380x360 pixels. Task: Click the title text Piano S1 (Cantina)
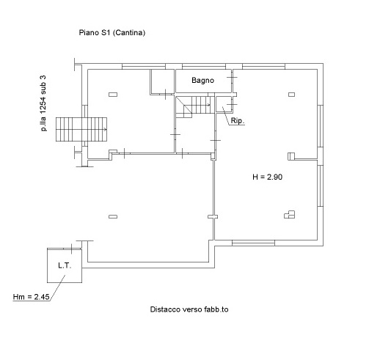(112, 33)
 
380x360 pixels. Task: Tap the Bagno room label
(202, 81)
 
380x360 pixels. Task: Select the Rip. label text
(237, 121)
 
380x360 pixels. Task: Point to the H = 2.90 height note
(267, 177)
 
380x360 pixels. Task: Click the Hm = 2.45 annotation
(31, 297)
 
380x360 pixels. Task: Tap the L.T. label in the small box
(65, 265)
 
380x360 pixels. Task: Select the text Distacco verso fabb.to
(189, 309)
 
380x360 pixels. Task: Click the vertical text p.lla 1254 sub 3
(43, 103)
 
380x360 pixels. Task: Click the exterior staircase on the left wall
(81, 129)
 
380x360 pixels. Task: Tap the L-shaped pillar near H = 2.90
(289, 214)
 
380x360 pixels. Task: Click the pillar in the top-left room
(113, 95)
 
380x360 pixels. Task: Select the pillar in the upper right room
(291, 95)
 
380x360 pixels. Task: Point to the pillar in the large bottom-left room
(113, 216)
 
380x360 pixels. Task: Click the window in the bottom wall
(253, 243)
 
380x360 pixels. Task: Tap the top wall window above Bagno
(204, 66)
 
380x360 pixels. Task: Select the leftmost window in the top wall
(144, 66)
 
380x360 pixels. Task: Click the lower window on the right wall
(321, 185)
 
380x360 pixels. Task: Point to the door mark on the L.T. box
(72, 249)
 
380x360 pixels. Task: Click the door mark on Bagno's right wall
(232, 78)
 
